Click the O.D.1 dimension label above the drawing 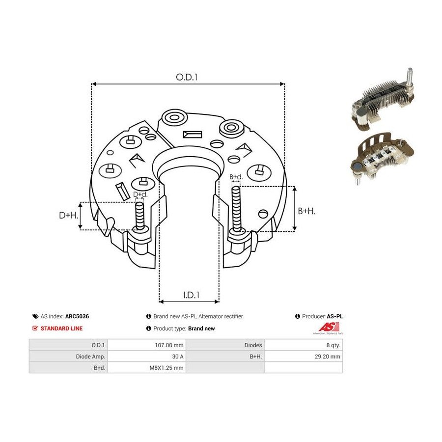tap(187, 77)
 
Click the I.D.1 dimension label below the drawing tap(192, 295)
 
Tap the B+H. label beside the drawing tap(306, 211)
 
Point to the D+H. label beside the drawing tap(68, 216)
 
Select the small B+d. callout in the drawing tap(236, 177)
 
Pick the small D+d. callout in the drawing tap(140, 194)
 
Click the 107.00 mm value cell tap(169, 345)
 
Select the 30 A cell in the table tap(178, 357)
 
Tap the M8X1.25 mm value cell tap(166, 367)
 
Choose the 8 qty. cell tap(333, 345)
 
